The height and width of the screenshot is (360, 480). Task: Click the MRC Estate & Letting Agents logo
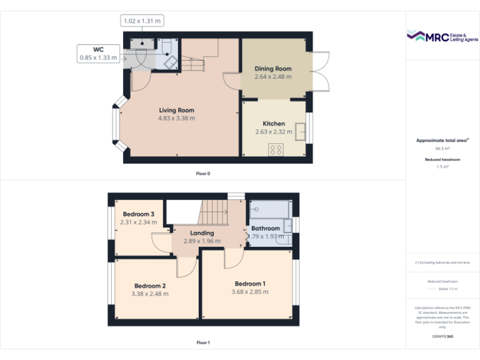pyautogui.click(x=442, y=36)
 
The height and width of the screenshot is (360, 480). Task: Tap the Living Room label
pyautogui.click(x=176, y=110)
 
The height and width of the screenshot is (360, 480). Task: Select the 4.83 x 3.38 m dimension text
pyautogui.click(x=176, y=118)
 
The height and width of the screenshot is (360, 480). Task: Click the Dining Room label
pyautogui.click(x=273, y=69)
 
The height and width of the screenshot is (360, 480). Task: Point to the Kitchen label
pyautogui.click(x=273, y=124)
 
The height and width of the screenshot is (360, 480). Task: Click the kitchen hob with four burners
pyautogui.click(x=276, y=149)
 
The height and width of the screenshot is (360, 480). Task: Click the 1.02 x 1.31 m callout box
pyautogui.click(x=141, y=21)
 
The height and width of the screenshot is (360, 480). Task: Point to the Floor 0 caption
pyautogui.click(x=203, y=173)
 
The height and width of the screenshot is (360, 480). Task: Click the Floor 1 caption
pyautogui.click(x=203, y=342)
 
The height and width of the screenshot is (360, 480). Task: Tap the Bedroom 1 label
pyautogui.click(x=249, y=283)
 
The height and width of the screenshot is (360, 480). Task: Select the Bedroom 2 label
pyautogui.click(x=149, y=286)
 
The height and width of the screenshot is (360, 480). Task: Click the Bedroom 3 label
pyautogui.click(x=138, y=214)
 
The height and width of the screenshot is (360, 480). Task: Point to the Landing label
pyautogui.click(x=202, y=233)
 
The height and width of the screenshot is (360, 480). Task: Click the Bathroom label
pyautogui.click(x=266, y=228)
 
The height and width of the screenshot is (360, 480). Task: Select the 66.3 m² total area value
pyautogui.click(x=442, y=149)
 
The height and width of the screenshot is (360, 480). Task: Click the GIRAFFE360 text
pyautogui.click(x=442, y=336)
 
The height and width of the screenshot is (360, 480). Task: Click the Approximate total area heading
pyautogui.click(x=442, y=141)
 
